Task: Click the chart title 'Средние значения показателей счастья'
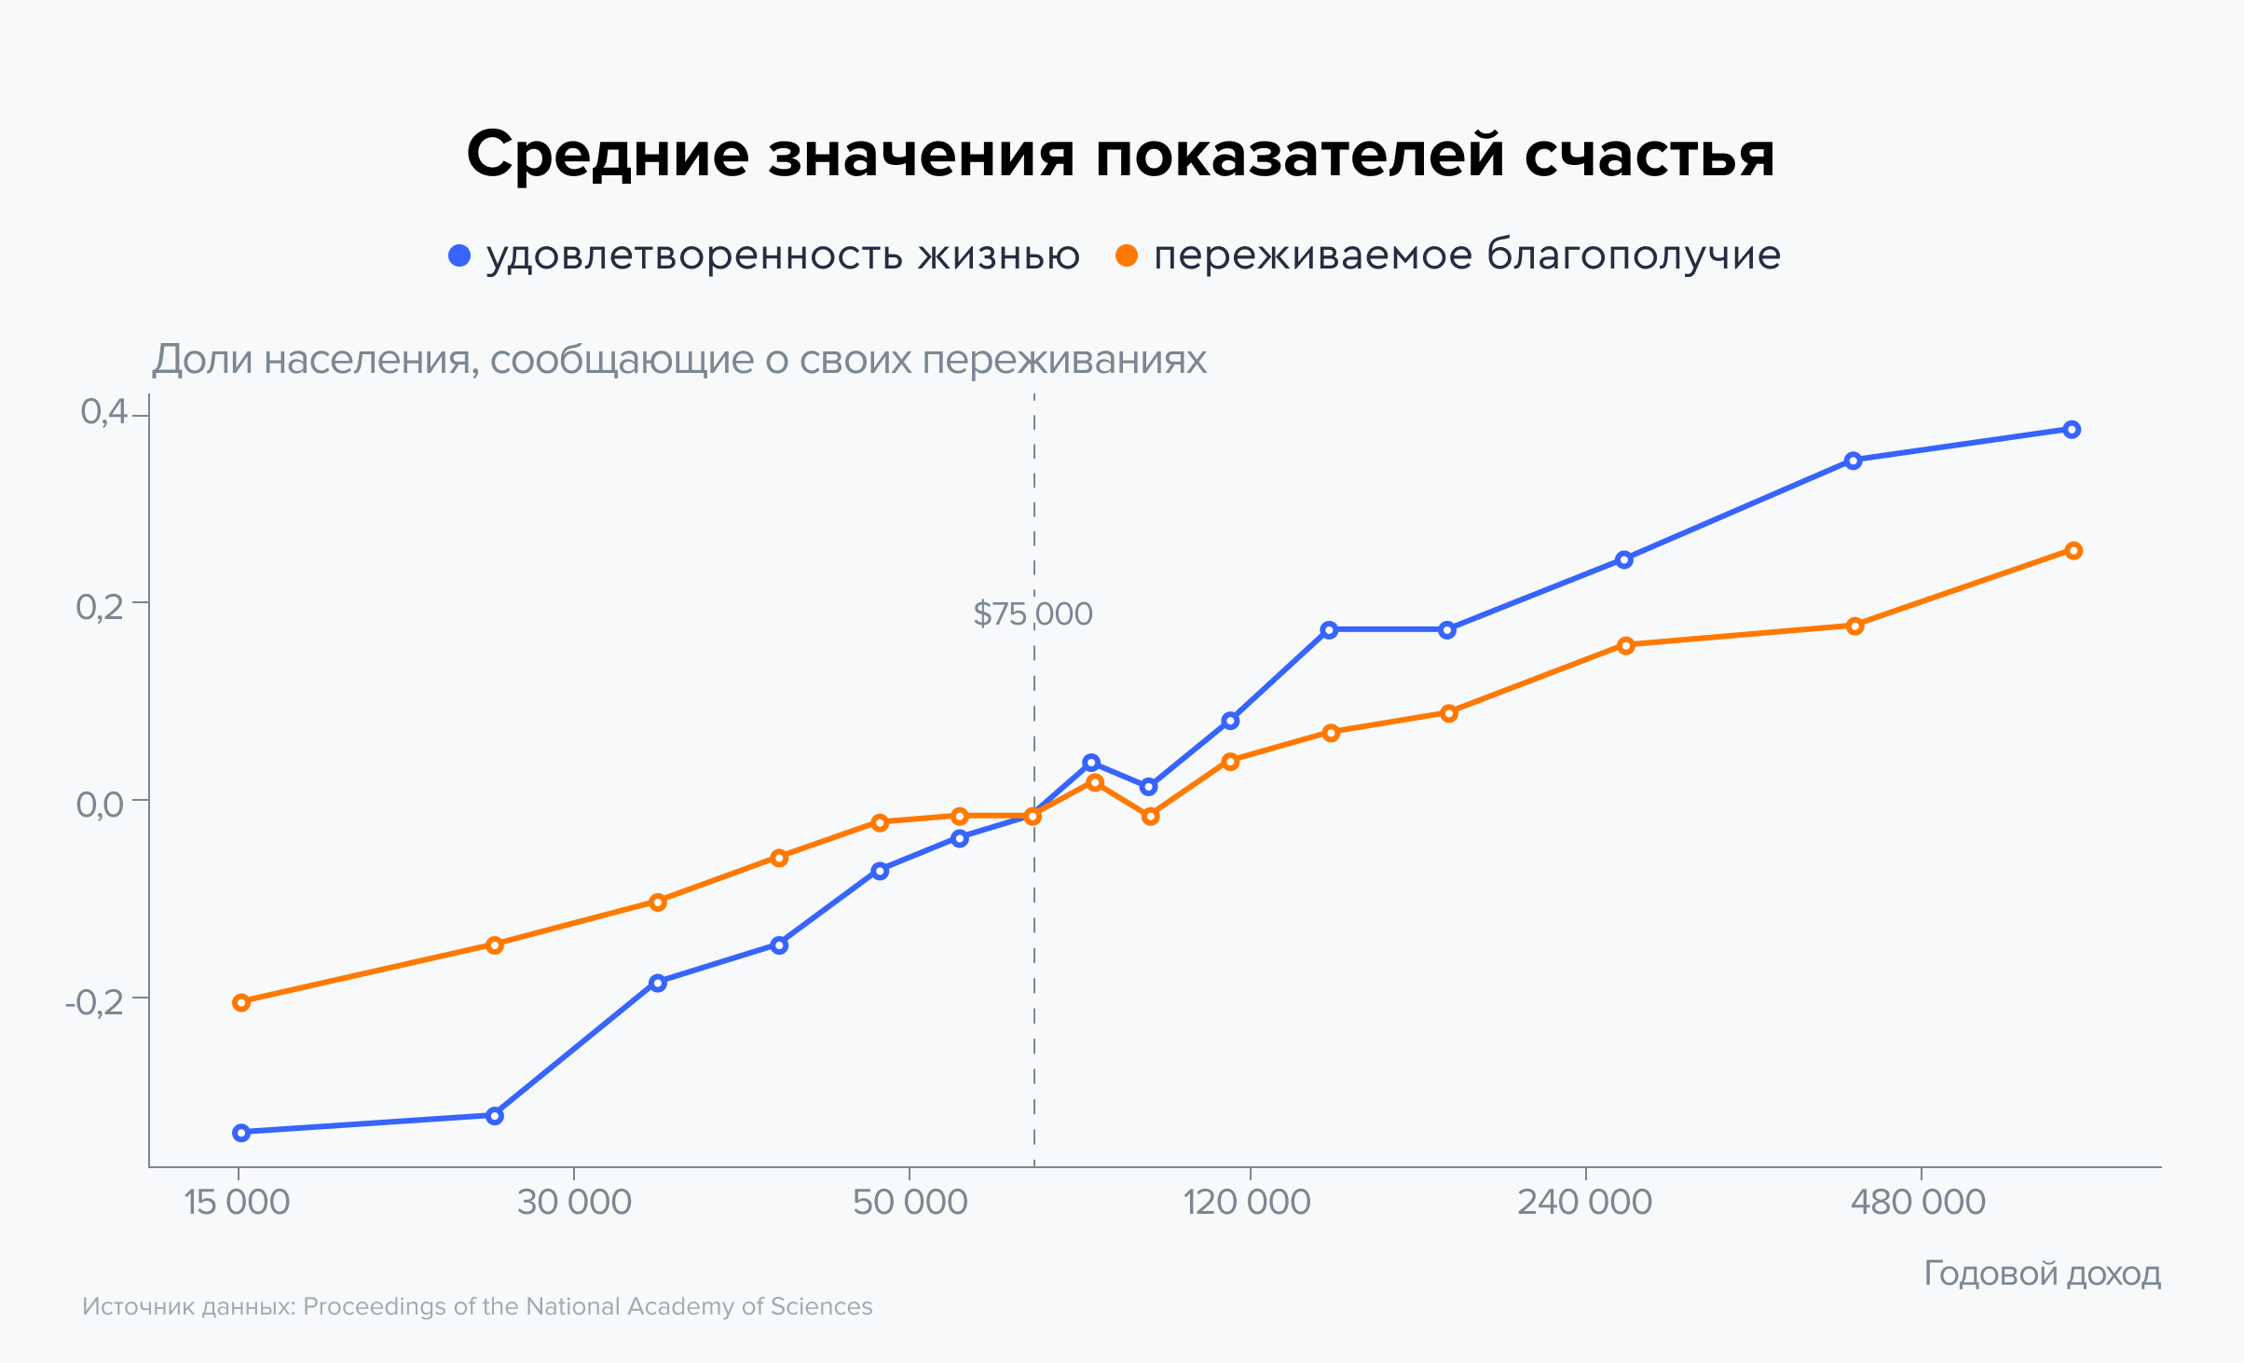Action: coord(1120,154)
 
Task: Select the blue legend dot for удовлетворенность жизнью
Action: coord(459,255)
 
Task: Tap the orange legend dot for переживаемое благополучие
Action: coord(1127,255)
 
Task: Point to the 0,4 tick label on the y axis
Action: coord(103,412)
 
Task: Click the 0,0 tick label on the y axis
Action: coord(100,804)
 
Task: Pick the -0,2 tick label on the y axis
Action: coord(94,1001)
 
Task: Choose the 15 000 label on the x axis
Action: coord(237,1203)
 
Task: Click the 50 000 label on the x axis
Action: coord(910,1203)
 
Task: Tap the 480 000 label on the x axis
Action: coord(1918,1203)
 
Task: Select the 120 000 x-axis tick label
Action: coord(1247,1203)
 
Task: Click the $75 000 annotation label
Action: coord(1033,614)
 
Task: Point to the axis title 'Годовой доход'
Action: coord(2042,1274)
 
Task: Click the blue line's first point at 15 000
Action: coord(241,1133)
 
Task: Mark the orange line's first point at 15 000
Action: coord(241,1003)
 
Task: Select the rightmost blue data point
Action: coord(2072,430)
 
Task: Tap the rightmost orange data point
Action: coord(2073,551)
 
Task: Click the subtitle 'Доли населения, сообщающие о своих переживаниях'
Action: coord(679,360)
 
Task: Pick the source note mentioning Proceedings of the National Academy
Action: coord(477,1306)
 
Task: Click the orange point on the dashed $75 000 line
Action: coord(1033,817)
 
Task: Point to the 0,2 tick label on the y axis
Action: coord(100,608)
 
